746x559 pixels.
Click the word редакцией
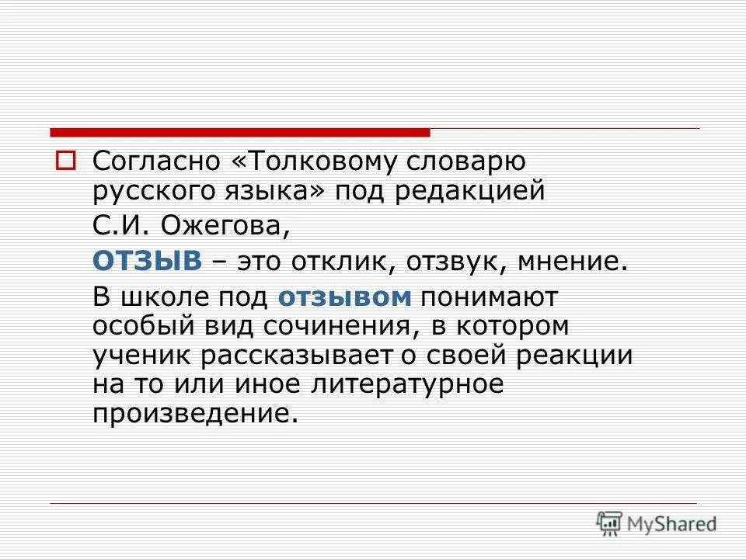tap(470, 191)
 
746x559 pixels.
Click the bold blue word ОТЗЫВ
tap(147, 261)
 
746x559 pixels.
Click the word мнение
tap(568, 262)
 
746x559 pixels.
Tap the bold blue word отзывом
tap(343, 297)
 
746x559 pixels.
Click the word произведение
tap(194, 412)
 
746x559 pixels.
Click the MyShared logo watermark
tap(657, 523)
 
